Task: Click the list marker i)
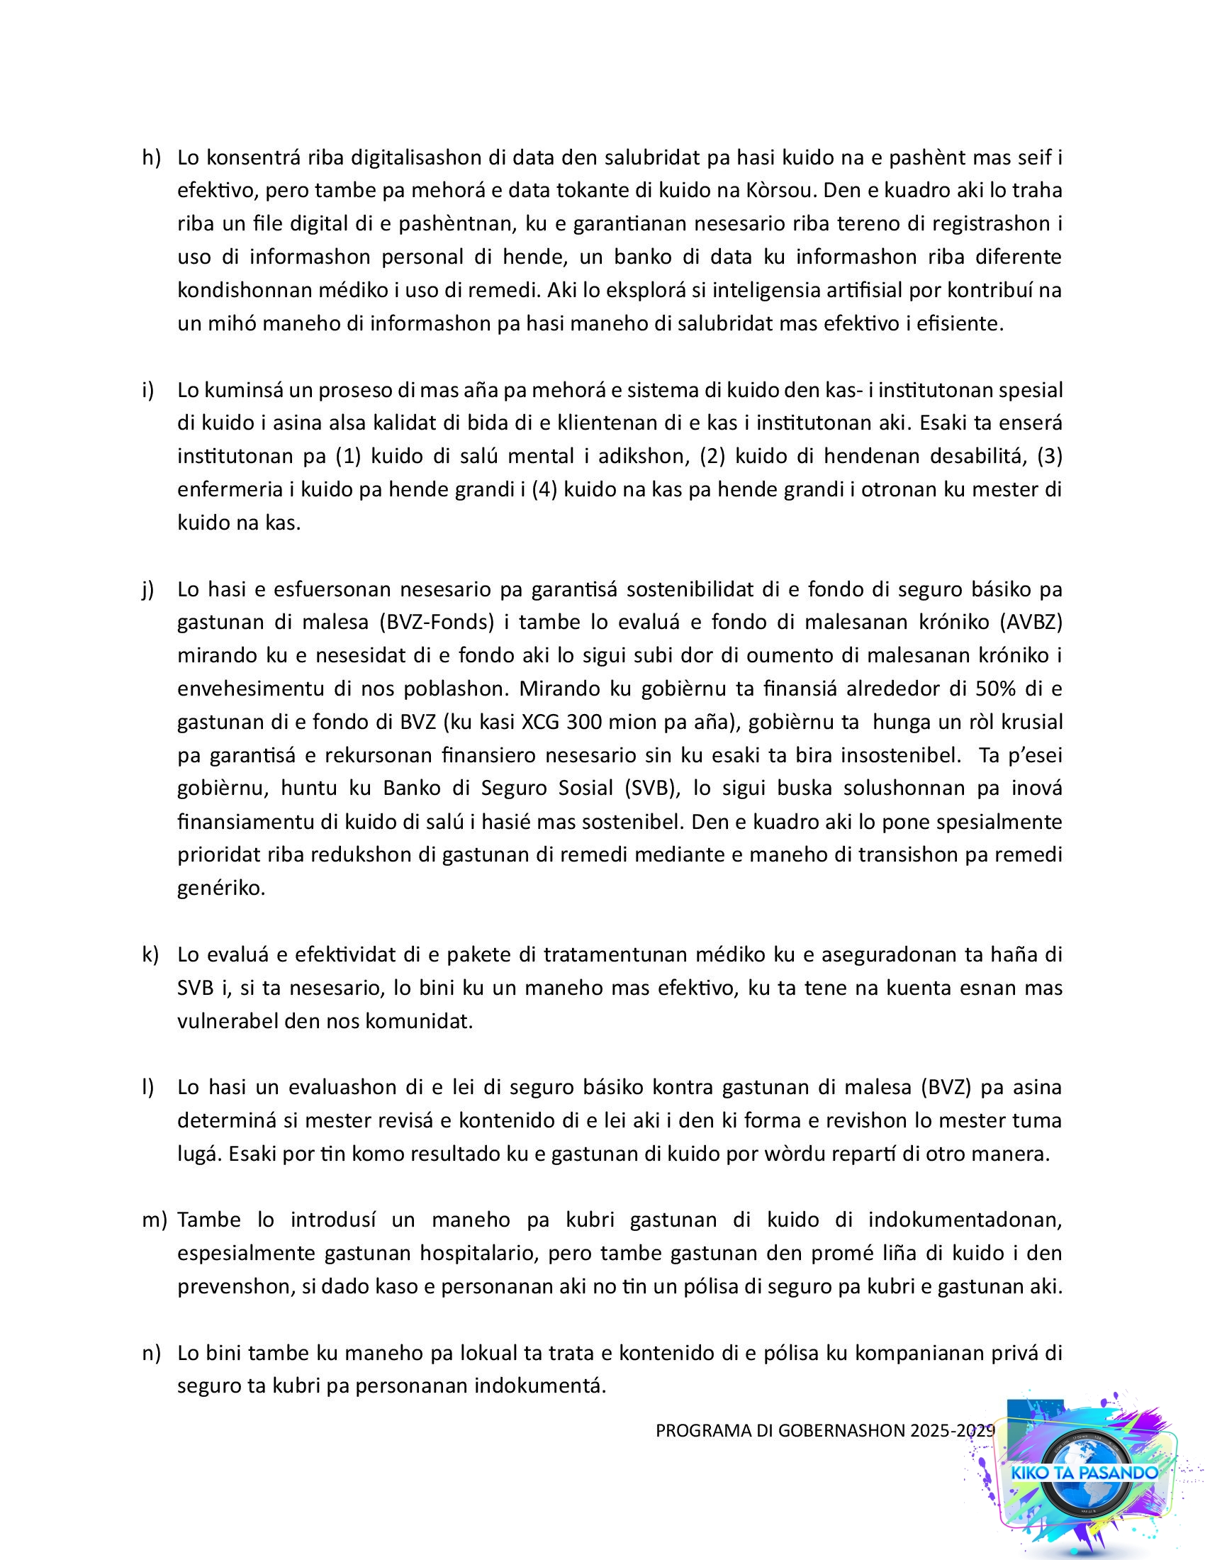point(148,390)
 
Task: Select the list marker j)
point(148,589)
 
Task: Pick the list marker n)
point(152,1353)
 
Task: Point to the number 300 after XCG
point(585,722)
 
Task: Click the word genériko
point(221,888)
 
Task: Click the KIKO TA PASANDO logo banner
point(1084,1473)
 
